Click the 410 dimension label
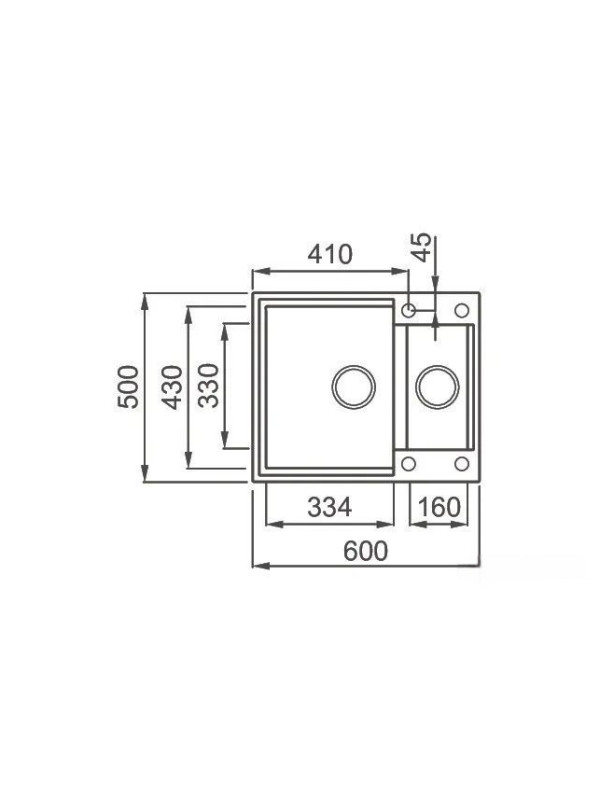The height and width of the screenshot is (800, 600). point(330,254)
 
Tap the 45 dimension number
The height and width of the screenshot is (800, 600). point(421,247)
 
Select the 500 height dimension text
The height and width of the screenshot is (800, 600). point(128,387)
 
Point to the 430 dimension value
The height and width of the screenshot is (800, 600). point(172,387)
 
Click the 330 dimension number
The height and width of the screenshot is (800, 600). point(208,386)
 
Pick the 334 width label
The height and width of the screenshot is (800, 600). point(330,507)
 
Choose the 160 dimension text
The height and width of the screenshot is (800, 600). point(439,507)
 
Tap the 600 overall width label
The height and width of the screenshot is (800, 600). point(365,551)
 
